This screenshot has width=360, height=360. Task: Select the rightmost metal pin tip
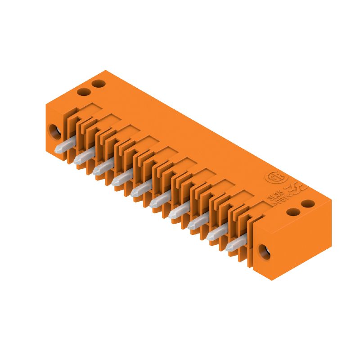[231, 246]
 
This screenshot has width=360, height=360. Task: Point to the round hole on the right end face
[264, 252]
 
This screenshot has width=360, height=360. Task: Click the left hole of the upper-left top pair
[82, 92]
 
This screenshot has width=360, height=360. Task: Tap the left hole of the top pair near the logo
[293, 212]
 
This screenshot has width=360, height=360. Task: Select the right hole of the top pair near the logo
[308, 204]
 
